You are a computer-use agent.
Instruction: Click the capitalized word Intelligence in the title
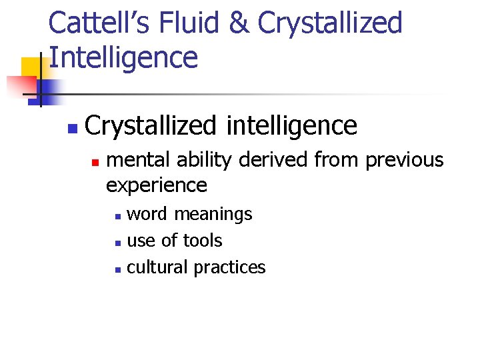click(x=123, y=57)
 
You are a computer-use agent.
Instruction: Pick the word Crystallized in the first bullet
click(x=151, y=125)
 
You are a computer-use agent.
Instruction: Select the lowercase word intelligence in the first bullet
click(x=292, y=125)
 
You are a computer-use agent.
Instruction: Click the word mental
click(x=136, y=160)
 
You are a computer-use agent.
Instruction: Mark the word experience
click(x=157, y=185)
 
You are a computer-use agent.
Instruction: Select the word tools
click(x=203, y=240)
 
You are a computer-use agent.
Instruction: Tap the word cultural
click(x=157, y=267)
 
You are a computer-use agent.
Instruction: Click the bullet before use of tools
click(x=117, y=242)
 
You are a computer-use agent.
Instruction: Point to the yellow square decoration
click(x=32, y=68)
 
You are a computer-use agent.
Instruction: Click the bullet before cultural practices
click(x=117, y=269)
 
